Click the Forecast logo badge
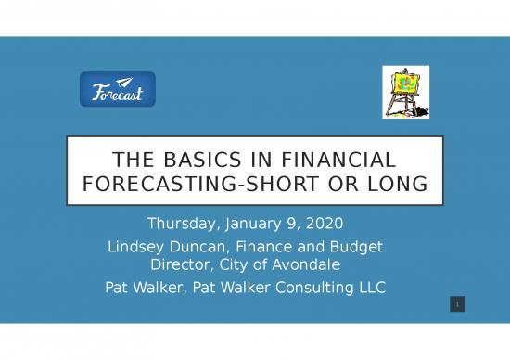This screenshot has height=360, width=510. [118, 90]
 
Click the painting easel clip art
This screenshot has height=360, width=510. [406, 93]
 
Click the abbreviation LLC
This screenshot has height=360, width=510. [371, 287]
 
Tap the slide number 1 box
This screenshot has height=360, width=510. [457, 304]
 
